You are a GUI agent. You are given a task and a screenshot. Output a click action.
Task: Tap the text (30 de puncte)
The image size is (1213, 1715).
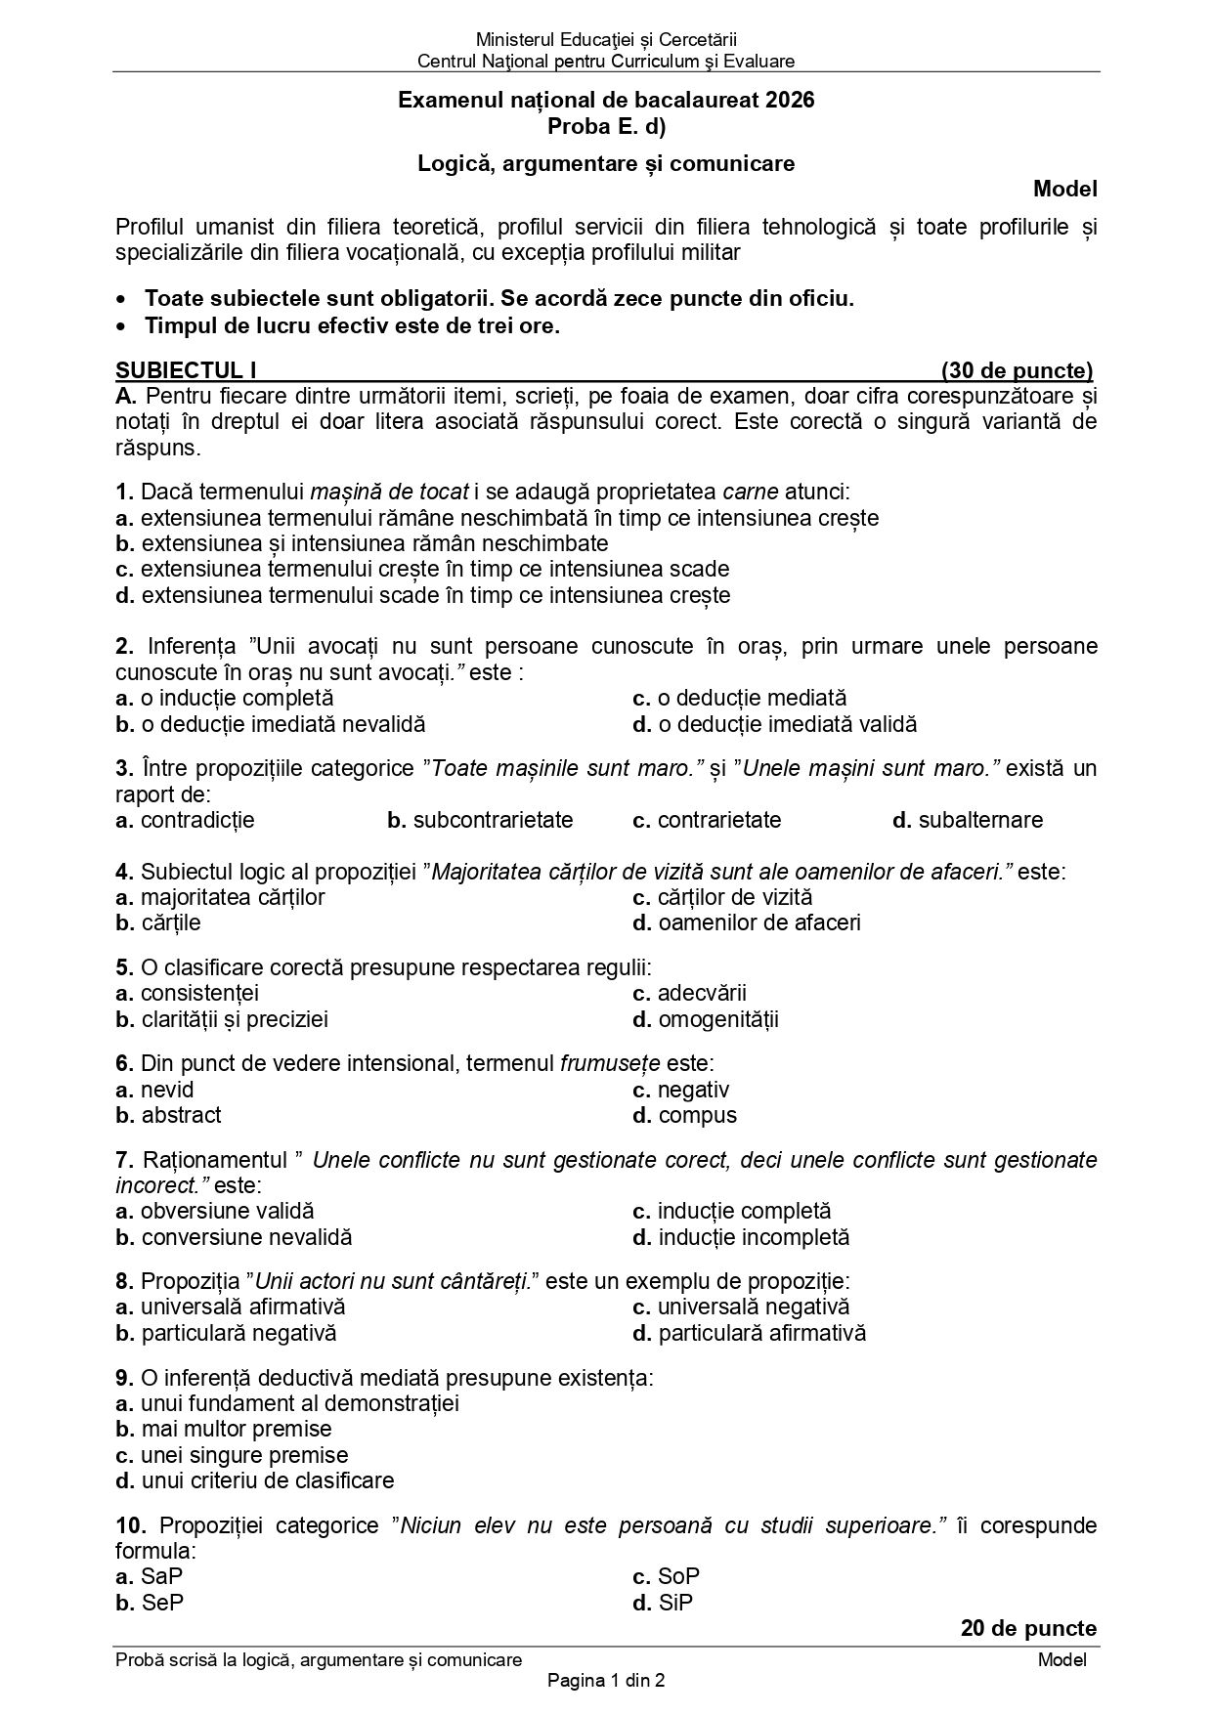(x=1017, y=370)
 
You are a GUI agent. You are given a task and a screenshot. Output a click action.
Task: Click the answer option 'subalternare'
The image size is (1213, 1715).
(x=980, y=820)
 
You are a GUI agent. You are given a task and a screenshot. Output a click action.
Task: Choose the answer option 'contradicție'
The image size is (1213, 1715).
(x=197, y=820)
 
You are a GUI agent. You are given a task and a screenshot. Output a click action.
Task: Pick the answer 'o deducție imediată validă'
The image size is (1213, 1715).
(x=788, y=724)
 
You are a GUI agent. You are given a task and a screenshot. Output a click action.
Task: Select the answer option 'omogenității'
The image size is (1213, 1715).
(x=718, y=1020)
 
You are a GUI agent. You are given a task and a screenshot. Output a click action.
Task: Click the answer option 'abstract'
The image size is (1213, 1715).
(x=181, y=1115)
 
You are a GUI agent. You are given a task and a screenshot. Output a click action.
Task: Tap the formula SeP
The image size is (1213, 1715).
(x=162, y=1603)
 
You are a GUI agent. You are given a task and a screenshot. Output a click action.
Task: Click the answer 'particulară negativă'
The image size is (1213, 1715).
(x=238, y=1333)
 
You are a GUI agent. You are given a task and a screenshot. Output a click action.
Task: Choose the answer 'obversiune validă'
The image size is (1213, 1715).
(x=227, y=1211)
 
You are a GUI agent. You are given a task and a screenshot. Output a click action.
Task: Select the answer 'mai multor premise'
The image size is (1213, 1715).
(x=237, y=1429)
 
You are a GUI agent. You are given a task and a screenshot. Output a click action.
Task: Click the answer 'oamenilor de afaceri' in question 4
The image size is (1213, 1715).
(x=759, y=922)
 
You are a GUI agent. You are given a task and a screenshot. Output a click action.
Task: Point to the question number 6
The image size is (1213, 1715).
(x=124, y=1063)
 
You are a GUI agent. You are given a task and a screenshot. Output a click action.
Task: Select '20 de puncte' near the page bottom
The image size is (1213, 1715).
(x=1028, y=1628)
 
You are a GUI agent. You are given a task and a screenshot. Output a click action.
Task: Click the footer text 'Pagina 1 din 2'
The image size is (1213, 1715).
(x=606, y=1681)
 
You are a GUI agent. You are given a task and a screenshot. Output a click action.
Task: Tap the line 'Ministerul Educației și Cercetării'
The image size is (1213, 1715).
(x=606, y=40)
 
